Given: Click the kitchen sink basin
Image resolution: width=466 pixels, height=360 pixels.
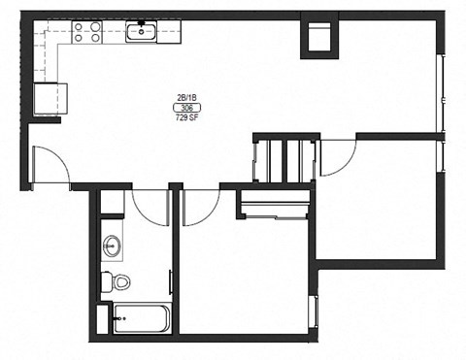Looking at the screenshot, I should click(x=142, y=33).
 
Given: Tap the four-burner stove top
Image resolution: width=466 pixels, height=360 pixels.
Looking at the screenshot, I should click(x=88, y=32).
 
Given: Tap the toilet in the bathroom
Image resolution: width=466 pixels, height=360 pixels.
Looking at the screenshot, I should click(x=118, y=282).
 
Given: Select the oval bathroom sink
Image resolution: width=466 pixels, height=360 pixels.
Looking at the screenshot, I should click(x=112, y=245).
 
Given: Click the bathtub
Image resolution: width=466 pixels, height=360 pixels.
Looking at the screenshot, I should click(x=142, y=317).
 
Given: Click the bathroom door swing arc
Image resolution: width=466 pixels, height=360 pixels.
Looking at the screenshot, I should click(x=150, y=207).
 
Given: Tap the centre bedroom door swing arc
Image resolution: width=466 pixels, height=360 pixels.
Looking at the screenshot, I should click(x=201, y=207).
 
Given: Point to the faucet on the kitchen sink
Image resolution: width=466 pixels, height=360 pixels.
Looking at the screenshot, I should click(x=142, y=23).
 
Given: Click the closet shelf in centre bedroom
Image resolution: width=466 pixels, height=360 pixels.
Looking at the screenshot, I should click(x=275, y=206).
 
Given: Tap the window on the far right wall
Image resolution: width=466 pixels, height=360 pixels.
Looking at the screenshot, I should click(x=442, y=97).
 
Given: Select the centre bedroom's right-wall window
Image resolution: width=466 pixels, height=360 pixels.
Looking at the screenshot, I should click(x=312, y=310).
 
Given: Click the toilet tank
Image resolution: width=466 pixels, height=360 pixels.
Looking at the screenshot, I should click(x=106, y=282).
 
